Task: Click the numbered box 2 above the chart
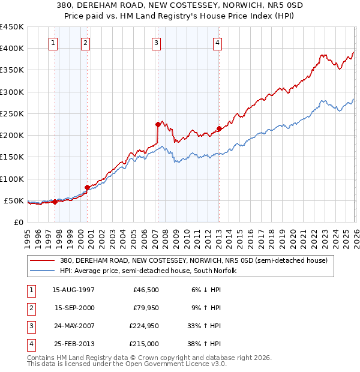(86, 43)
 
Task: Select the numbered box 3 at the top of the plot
(156, 43)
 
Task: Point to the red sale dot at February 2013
(219, 128)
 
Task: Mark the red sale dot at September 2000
(87, 187)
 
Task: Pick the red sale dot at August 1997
(55, 202)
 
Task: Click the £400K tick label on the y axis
(12, 49)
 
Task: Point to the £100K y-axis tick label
(12, 179)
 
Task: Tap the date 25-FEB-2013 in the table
(73, 344)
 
